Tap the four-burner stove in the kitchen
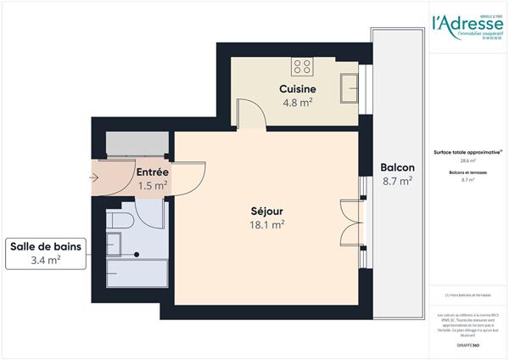point(303,65)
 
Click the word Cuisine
point(298,89)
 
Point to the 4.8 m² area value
point(298,104)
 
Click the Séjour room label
point(266,211)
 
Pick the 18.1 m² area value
point(266,225)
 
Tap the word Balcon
point(397,166)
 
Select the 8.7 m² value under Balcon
point(397,180)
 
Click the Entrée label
point(153,172)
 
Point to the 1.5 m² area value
point(153,185)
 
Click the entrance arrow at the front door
point(94,177)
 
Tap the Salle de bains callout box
point(47,253)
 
